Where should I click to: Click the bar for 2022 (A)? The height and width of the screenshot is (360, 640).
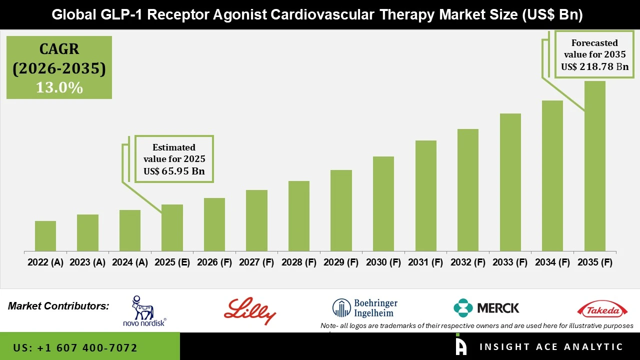[x=45, y=236]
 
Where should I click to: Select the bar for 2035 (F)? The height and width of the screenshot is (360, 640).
[x=594, y=166]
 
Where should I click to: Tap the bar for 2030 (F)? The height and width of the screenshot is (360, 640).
[x=383, y=203]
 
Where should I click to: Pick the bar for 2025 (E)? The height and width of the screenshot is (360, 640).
[x=172, y=227]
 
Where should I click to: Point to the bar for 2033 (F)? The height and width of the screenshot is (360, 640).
[x=510, y=182]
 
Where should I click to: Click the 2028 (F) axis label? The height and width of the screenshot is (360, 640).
[x=299, y=262]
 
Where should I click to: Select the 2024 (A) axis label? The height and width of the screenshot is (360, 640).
[x=130, y=262]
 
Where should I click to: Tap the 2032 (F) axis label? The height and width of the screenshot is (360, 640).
[x=468, y=262]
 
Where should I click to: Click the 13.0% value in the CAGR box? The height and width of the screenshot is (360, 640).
[x=59, y=87]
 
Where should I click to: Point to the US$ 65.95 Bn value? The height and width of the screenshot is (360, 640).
[x=174, y=171]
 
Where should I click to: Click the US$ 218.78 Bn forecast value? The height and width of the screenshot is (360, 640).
[x=594, y=66]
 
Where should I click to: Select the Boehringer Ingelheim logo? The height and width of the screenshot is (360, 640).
[x=365, y=308]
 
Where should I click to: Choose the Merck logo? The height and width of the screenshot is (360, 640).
[x=486, y=308]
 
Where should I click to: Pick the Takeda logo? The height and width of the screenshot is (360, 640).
[x=602, y=310]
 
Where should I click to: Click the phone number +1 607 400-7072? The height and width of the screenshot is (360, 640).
[x=75, y=347]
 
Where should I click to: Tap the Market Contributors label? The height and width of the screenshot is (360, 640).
[x=58, y=306]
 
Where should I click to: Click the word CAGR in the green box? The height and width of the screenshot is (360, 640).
[x=59, y=49]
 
